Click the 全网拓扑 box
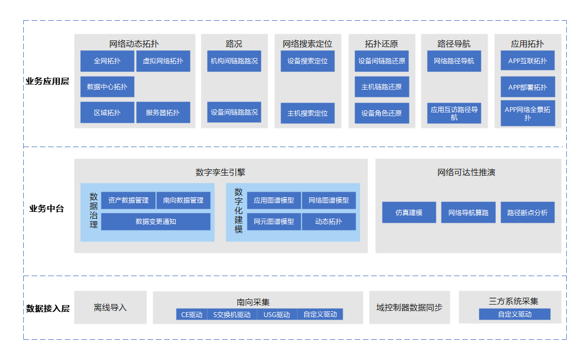point(107,61)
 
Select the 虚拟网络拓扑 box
point(163,61)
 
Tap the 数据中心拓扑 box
point(107,87)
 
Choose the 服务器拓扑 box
point(163,112)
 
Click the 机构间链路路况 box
point(234,61)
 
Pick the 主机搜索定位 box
point(307,113)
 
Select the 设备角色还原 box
point(381,113)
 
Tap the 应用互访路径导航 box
point(454,113)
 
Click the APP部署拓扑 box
point(527,87)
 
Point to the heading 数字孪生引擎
point(221,172)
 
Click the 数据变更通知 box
point(156,222)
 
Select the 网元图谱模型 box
point(274,222)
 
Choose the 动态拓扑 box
point(329,222)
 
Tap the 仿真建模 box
point(409,212)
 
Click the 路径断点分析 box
point(527,212)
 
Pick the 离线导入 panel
point(110,307)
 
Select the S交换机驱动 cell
point(232,314)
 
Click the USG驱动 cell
point(277,314)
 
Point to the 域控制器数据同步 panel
point(409,307)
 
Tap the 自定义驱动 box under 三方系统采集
point(515,314)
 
